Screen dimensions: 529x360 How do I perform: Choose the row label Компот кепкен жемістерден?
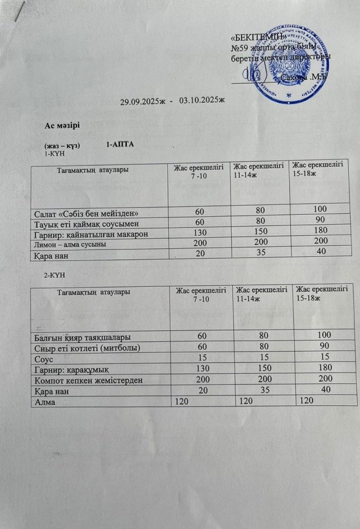(x=84, y=379)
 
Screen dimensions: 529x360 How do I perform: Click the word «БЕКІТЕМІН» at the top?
(x=259, y=37)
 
